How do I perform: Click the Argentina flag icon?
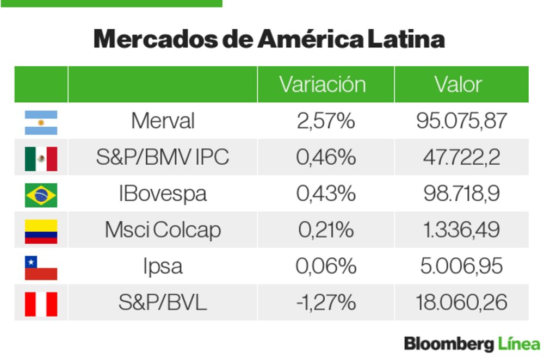click(x=41, y=122)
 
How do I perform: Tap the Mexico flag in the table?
click(x=41, y=158)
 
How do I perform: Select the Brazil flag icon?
click(x=41, y=195)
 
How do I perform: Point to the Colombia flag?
click(x=41, y=231)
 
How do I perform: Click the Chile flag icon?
click(x=41, y=267)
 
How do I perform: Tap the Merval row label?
click(x=163, y=121)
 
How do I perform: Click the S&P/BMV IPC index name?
click(x=163, y=157)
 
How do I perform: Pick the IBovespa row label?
click(x=163, y=194)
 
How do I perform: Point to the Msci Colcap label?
click(x=163, y=230)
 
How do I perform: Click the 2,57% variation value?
click(x=325, y=121)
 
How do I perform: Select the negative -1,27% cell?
click(x=325, y=302)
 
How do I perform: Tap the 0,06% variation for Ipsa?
click(x=325, y=266)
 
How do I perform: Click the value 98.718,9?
click(x=461, y=194)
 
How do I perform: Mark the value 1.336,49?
click(x=461, y=230)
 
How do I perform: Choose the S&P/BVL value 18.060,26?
click(x=461, y=302)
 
